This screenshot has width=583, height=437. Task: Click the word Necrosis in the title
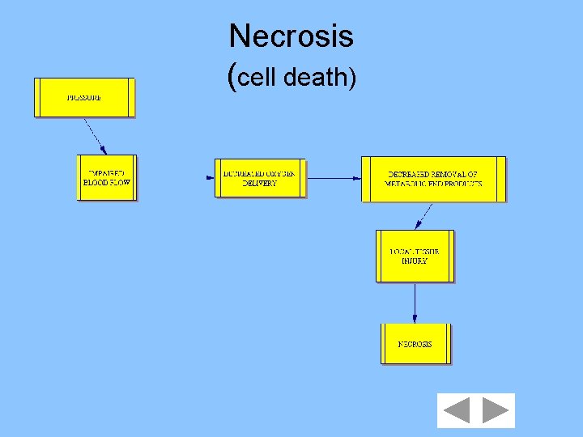(x=291, y=36)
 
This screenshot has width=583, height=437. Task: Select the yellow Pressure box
(x=84, y=98)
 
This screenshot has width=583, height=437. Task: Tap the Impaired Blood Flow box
(x=107, y=177)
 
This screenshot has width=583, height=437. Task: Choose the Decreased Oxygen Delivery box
(x=260, y=178)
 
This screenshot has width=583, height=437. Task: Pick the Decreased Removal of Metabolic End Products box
(x=433, y=179)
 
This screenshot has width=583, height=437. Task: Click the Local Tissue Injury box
(x=415, y=256)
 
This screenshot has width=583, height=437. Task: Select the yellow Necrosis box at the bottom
(x=415, y=344)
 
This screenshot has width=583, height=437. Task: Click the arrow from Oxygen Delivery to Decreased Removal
(x=334, y=178)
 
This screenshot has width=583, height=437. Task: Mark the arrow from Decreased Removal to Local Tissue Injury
(x=423, y=216)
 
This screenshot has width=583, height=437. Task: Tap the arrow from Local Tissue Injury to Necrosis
(x=415, y=303)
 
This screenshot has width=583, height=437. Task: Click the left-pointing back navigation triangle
(x=456, y=411)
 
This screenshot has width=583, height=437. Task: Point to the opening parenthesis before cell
(x=234, y=77)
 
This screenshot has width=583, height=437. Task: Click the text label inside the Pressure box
(x=84, y=98)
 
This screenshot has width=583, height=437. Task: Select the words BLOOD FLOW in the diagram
(x=107, y=183)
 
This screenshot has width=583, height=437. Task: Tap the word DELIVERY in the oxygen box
(x=260, y=184)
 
